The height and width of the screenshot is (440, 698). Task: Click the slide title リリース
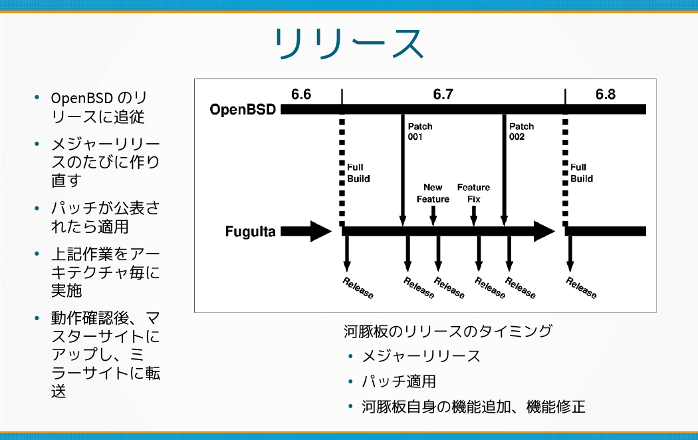[349, 45]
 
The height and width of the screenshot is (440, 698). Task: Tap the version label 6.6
[301, 95]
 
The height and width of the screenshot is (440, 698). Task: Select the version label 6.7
[443, 95]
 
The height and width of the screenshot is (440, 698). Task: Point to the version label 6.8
[605, 95]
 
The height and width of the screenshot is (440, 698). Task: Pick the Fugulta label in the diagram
[250, 232]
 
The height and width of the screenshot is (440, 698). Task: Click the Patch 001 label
[420, 131]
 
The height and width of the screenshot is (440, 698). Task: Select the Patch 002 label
[521, 131]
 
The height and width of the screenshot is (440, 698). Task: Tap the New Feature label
[433, 193]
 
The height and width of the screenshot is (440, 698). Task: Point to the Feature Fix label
[473, 193]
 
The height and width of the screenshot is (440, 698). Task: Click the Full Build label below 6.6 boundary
[358, 173]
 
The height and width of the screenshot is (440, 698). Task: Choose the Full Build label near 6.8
[582, 173]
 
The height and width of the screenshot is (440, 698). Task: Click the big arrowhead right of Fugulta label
[318, 232]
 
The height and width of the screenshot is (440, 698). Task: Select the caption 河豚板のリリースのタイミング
[447, 331]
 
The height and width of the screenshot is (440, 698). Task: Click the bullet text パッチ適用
[399, 381]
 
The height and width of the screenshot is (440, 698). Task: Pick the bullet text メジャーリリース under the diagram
[421, 356]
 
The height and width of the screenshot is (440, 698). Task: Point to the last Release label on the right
[581, 287]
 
